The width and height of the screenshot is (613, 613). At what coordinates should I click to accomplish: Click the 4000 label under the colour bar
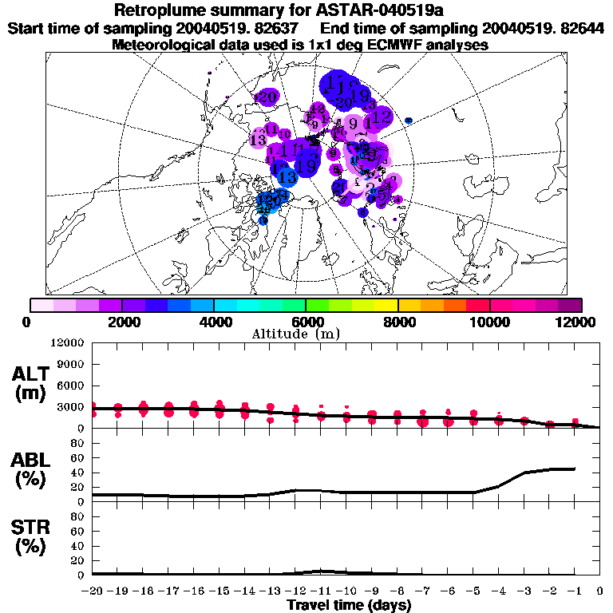pos(214,322)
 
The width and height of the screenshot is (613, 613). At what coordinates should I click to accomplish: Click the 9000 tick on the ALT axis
pos(71,364)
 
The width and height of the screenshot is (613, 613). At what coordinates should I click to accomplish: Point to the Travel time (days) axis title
pos(349,605)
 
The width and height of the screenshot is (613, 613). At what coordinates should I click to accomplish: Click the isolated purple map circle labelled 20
pos(267,97)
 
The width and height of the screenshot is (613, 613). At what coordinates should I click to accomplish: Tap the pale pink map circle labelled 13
pos(258,139)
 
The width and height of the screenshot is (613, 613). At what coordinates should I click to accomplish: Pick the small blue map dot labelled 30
pos(409,121)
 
